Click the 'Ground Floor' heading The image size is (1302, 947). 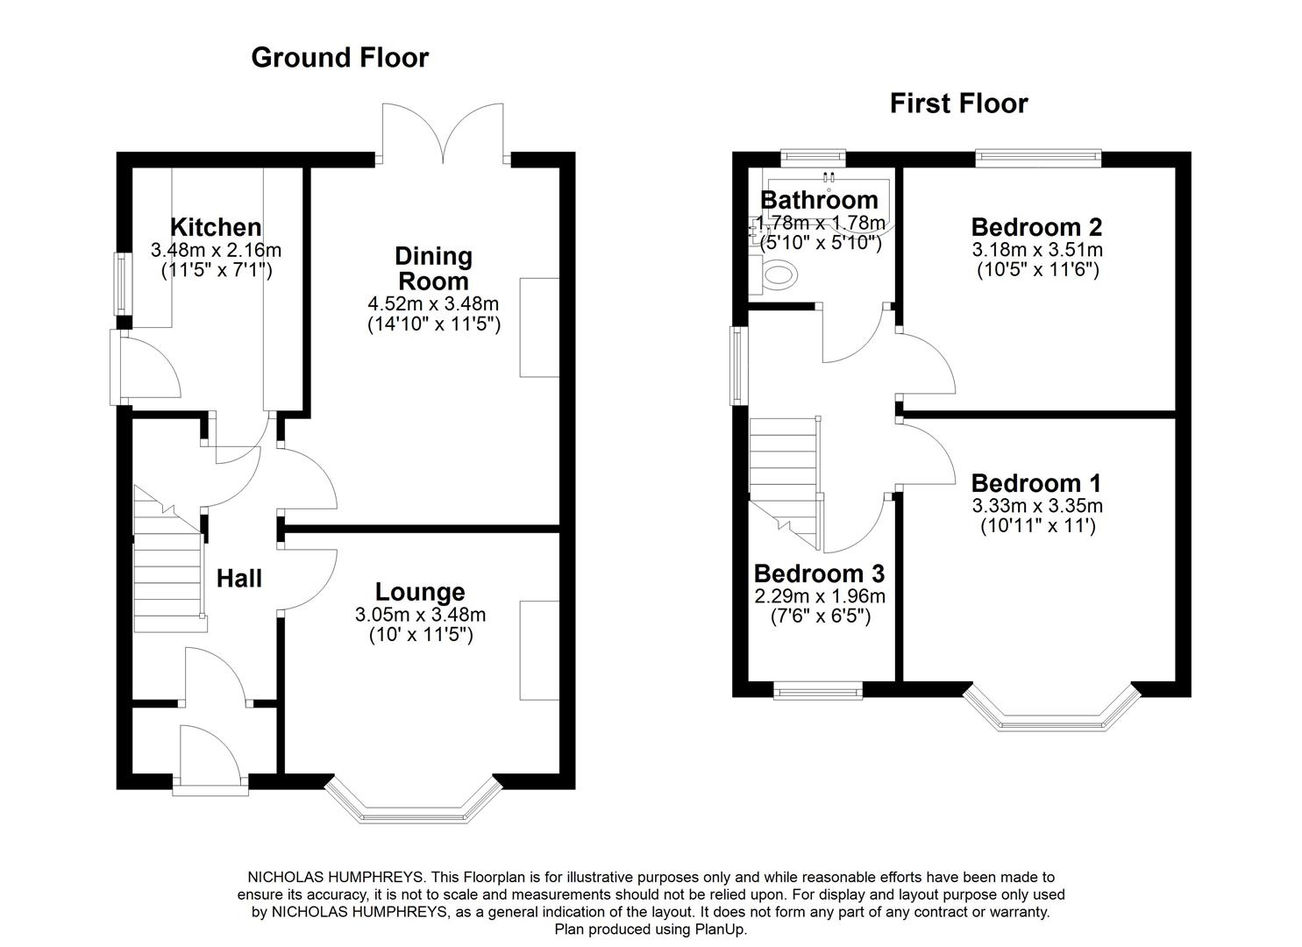339,58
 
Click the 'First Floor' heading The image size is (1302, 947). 958,103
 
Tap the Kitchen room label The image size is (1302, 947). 216,227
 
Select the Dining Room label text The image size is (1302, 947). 433,269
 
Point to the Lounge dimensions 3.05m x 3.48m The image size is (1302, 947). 420,615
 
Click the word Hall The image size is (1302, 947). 239,579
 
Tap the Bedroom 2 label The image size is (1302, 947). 1036,227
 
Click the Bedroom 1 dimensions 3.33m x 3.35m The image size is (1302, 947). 1036,506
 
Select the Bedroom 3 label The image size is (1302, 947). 819,573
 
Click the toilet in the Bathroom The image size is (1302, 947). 779,275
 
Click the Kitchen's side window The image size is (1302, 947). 123,283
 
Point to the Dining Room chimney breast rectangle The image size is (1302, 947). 539,327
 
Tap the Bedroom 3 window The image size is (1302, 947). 818,691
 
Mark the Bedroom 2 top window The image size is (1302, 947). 1038,158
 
